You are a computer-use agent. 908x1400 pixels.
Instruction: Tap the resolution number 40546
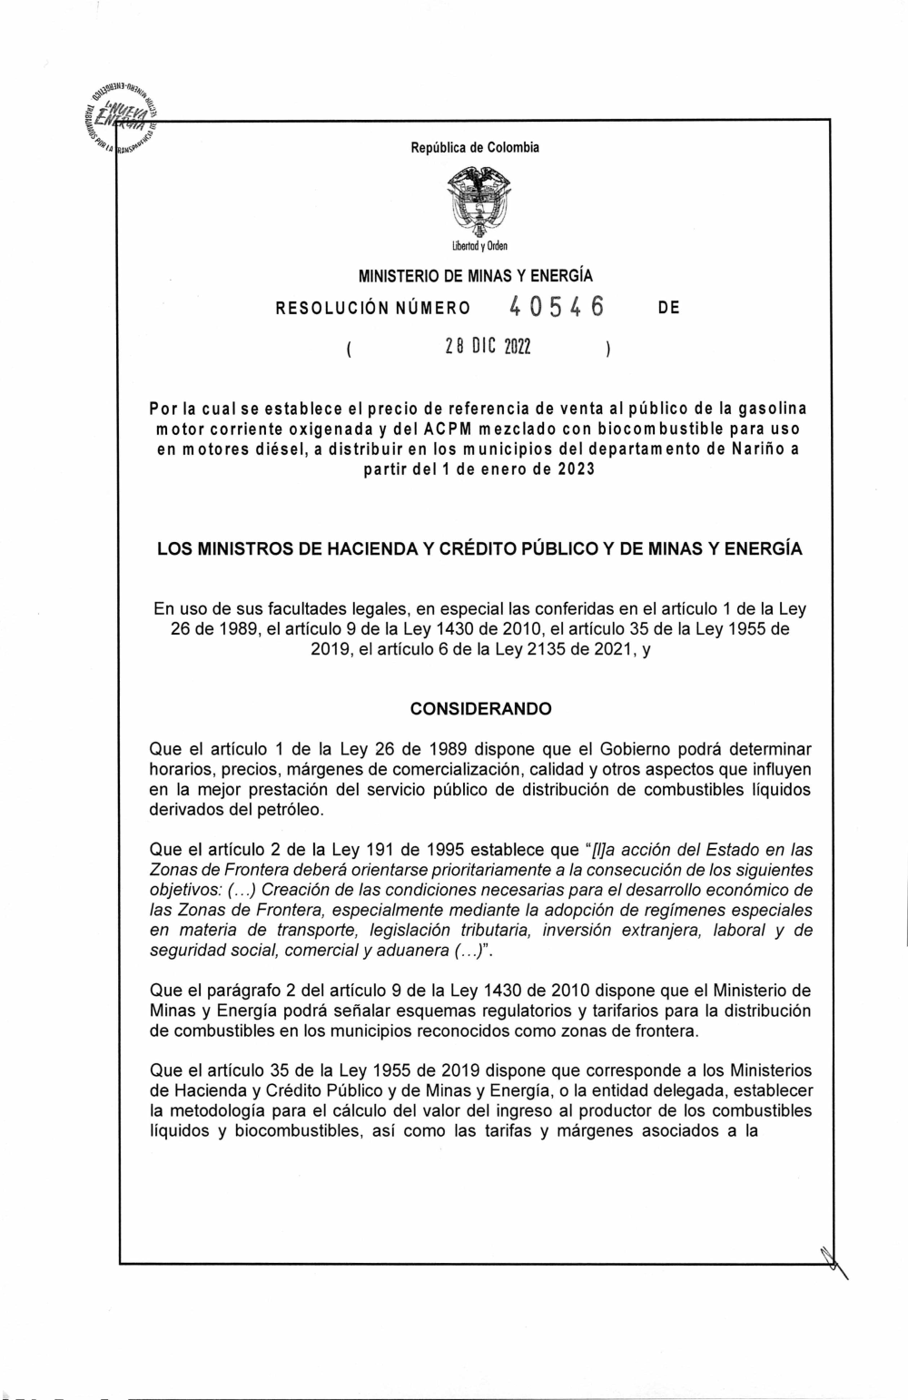pos(557,308)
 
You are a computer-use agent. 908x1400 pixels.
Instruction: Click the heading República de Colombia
pos(475,147)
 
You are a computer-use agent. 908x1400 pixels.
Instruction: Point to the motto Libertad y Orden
pos(475,246)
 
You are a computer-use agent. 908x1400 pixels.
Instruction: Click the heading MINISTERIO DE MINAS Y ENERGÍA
pos(476,275)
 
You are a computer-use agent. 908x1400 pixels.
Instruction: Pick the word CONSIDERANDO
pos(480,709)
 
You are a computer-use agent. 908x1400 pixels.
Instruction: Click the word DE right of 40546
pos(668,309)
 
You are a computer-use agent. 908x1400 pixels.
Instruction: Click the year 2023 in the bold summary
pos(574,470)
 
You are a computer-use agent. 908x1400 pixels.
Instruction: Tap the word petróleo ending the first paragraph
pos(290,809)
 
